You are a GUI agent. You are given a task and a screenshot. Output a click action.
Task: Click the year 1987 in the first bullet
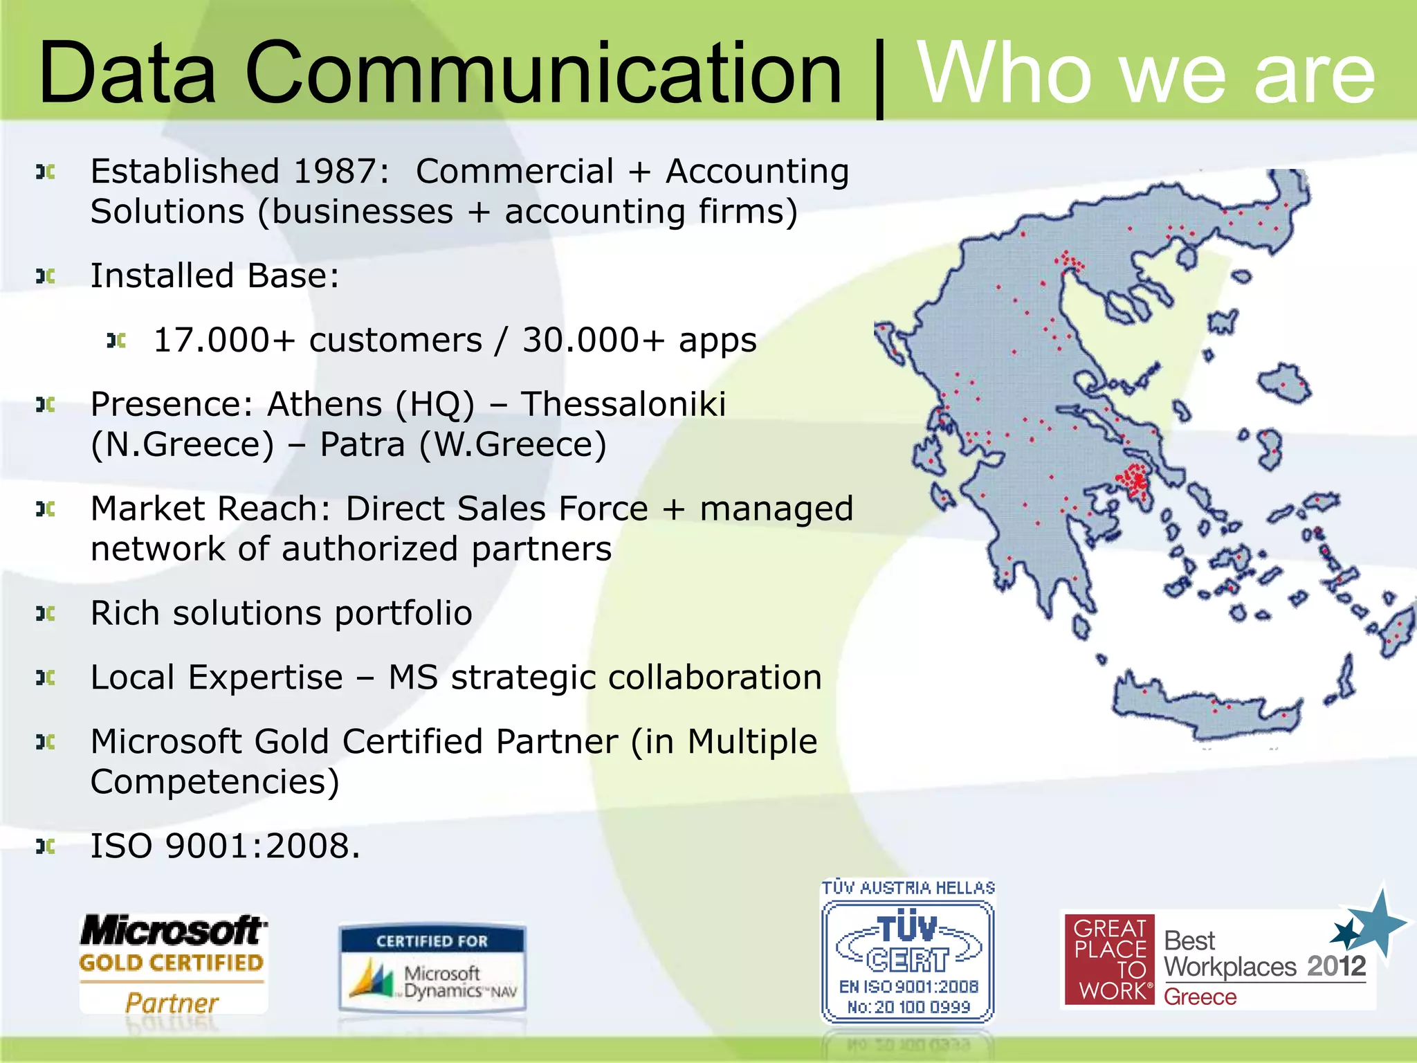pos(336,172)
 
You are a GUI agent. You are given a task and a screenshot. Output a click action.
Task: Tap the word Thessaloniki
pos(623,404)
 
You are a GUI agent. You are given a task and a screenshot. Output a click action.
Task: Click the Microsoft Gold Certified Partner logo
pos(172,964)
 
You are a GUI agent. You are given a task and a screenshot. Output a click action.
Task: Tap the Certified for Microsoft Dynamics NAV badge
pos(432,969)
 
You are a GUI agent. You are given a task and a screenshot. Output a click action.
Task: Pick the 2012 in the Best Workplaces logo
pos(1336,966)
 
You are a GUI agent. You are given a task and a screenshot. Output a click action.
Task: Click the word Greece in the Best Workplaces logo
pos(1200,997)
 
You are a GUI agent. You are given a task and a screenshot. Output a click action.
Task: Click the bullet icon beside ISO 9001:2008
pos(46,846)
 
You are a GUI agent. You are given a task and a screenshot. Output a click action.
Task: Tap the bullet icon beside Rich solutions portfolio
pos(46,613)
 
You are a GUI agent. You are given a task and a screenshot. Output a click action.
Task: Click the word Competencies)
pos(214,782)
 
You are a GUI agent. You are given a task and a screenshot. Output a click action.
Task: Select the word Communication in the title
pos(543,73)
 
